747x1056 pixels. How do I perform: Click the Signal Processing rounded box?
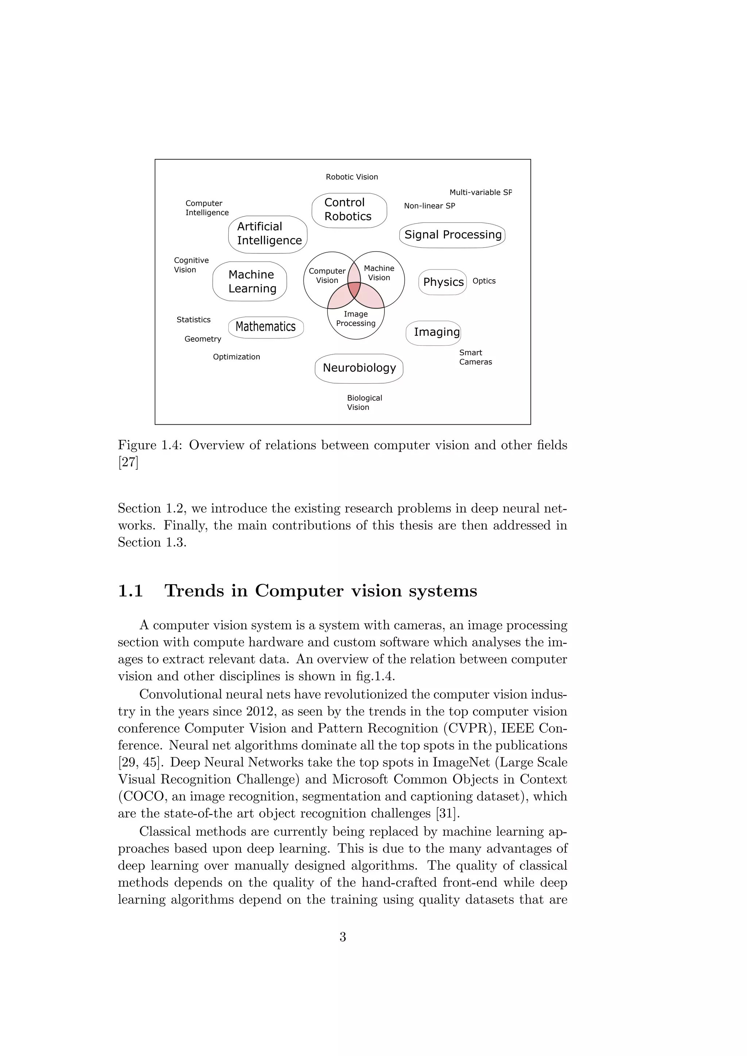tap(452, 235)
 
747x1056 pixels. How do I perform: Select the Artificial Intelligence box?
tap(268, 234)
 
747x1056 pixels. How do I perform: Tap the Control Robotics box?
tap(349, 210)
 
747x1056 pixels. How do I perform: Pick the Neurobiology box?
tap(359, 368)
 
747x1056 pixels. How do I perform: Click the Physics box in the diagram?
tap(442, 282)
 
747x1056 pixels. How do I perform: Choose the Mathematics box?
tap(266, 327)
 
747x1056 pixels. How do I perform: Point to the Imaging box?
tap(433, 333)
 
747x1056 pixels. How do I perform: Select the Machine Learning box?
tap(250, 282)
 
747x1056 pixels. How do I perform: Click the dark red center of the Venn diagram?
tap(354, 289)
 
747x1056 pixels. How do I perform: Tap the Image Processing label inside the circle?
tap(356, 319)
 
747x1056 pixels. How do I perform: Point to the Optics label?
tap(484, 281)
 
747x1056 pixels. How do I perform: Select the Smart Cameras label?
tap(475, 357)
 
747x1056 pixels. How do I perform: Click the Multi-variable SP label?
tap(480, 193)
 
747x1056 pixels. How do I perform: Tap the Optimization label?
tap(236, 357)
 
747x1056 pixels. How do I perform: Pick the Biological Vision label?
tap(364, 403)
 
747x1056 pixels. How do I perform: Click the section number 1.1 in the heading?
tap(131, 591)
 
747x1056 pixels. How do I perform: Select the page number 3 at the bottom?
tap(343, 937)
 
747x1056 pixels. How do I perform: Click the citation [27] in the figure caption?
tap(128, 462)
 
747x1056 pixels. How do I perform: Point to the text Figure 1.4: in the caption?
tap(150, 445)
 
